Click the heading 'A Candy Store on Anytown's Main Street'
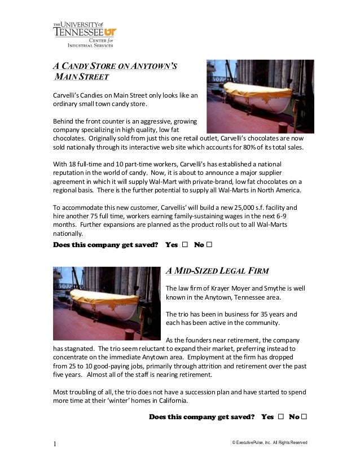point(115,71)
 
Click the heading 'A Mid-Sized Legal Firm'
point(217,270)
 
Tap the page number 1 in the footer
point(55,444)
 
